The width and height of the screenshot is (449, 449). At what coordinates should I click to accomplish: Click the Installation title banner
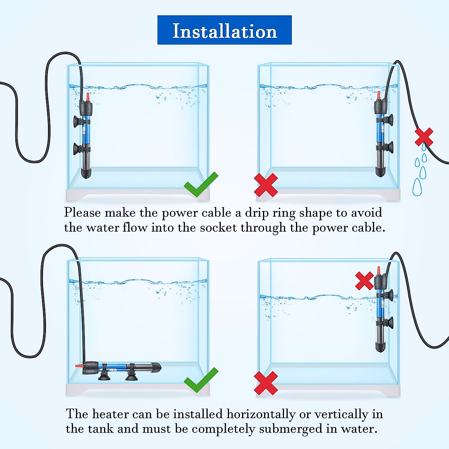tap(224, 30)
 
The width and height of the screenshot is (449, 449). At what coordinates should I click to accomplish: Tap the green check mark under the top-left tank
tap(201, 184)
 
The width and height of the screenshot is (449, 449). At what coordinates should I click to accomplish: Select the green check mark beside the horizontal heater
tap(201, 380)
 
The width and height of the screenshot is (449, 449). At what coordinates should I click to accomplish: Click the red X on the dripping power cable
tap(424, 137)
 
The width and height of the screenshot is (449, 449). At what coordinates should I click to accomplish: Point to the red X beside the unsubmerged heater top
tap(364, 281)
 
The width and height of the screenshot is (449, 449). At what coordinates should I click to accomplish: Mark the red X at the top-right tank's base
tap(266, 185)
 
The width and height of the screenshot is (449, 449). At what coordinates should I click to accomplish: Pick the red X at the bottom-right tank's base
tap(266, 383)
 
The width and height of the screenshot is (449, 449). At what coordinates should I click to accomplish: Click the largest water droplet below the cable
tap(417, 187)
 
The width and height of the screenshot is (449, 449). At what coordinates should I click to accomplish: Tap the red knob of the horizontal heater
tap(79, 366)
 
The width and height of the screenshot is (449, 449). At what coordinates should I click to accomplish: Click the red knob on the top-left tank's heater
tap(88, 97)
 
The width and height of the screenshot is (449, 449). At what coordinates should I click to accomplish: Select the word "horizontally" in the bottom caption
tap(260, 414)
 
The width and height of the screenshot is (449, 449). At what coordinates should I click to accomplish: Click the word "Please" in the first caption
tap(82, 213)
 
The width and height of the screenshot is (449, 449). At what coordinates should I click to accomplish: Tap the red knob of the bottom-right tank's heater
tap(378, 271)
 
